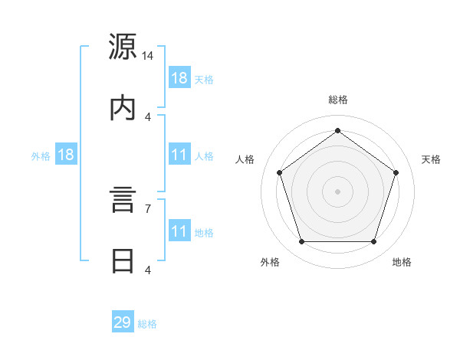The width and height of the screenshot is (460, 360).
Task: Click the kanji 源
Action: click(123, 47)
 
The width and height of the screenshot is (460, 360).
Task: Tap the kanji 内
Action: click(123, 108)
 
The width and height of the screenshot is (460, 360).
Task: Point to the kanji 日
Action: click(123, 261)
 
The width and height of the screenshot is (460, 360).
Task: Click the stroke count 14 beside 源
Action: click(148, 56)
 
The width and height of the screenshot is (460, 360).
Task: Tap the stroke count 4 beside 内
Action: click(148, 116)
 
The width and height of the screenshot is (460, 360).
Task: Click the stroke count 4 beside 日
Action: click(148, 270)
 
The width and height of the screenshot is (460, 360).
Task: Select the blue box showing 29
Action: click(123, 322)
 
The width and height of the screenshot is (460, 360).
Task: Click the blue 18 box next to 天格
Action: click(179, 78)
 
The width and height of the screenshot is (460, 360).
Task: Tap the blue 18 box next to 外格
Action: click(65, 155)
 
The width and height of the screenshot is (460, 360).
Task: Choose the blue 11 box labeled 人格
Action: click(179, 155)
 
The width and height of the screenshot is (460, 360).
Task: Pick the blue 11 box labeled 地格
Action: click(179, 231)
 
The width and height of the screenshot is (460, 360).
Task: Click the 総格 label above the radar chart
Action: click(338, 100)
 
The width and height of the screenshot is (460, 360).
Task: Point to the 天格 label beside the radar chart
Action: click(431, 159)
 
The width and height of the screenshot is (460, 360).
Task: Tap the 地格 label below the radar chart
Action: click(402, 262)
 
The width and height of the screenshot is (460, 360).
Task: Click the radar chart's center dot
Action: click(338, 191)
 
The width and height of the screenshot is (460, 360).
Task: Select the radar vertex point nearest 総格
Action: click(338, 130)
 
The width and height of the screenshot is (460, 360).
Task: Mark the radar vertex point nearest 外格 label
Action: click(301, 242)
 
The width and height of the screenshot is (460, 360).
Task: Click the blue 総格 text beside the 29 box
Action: click(147, 324)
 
